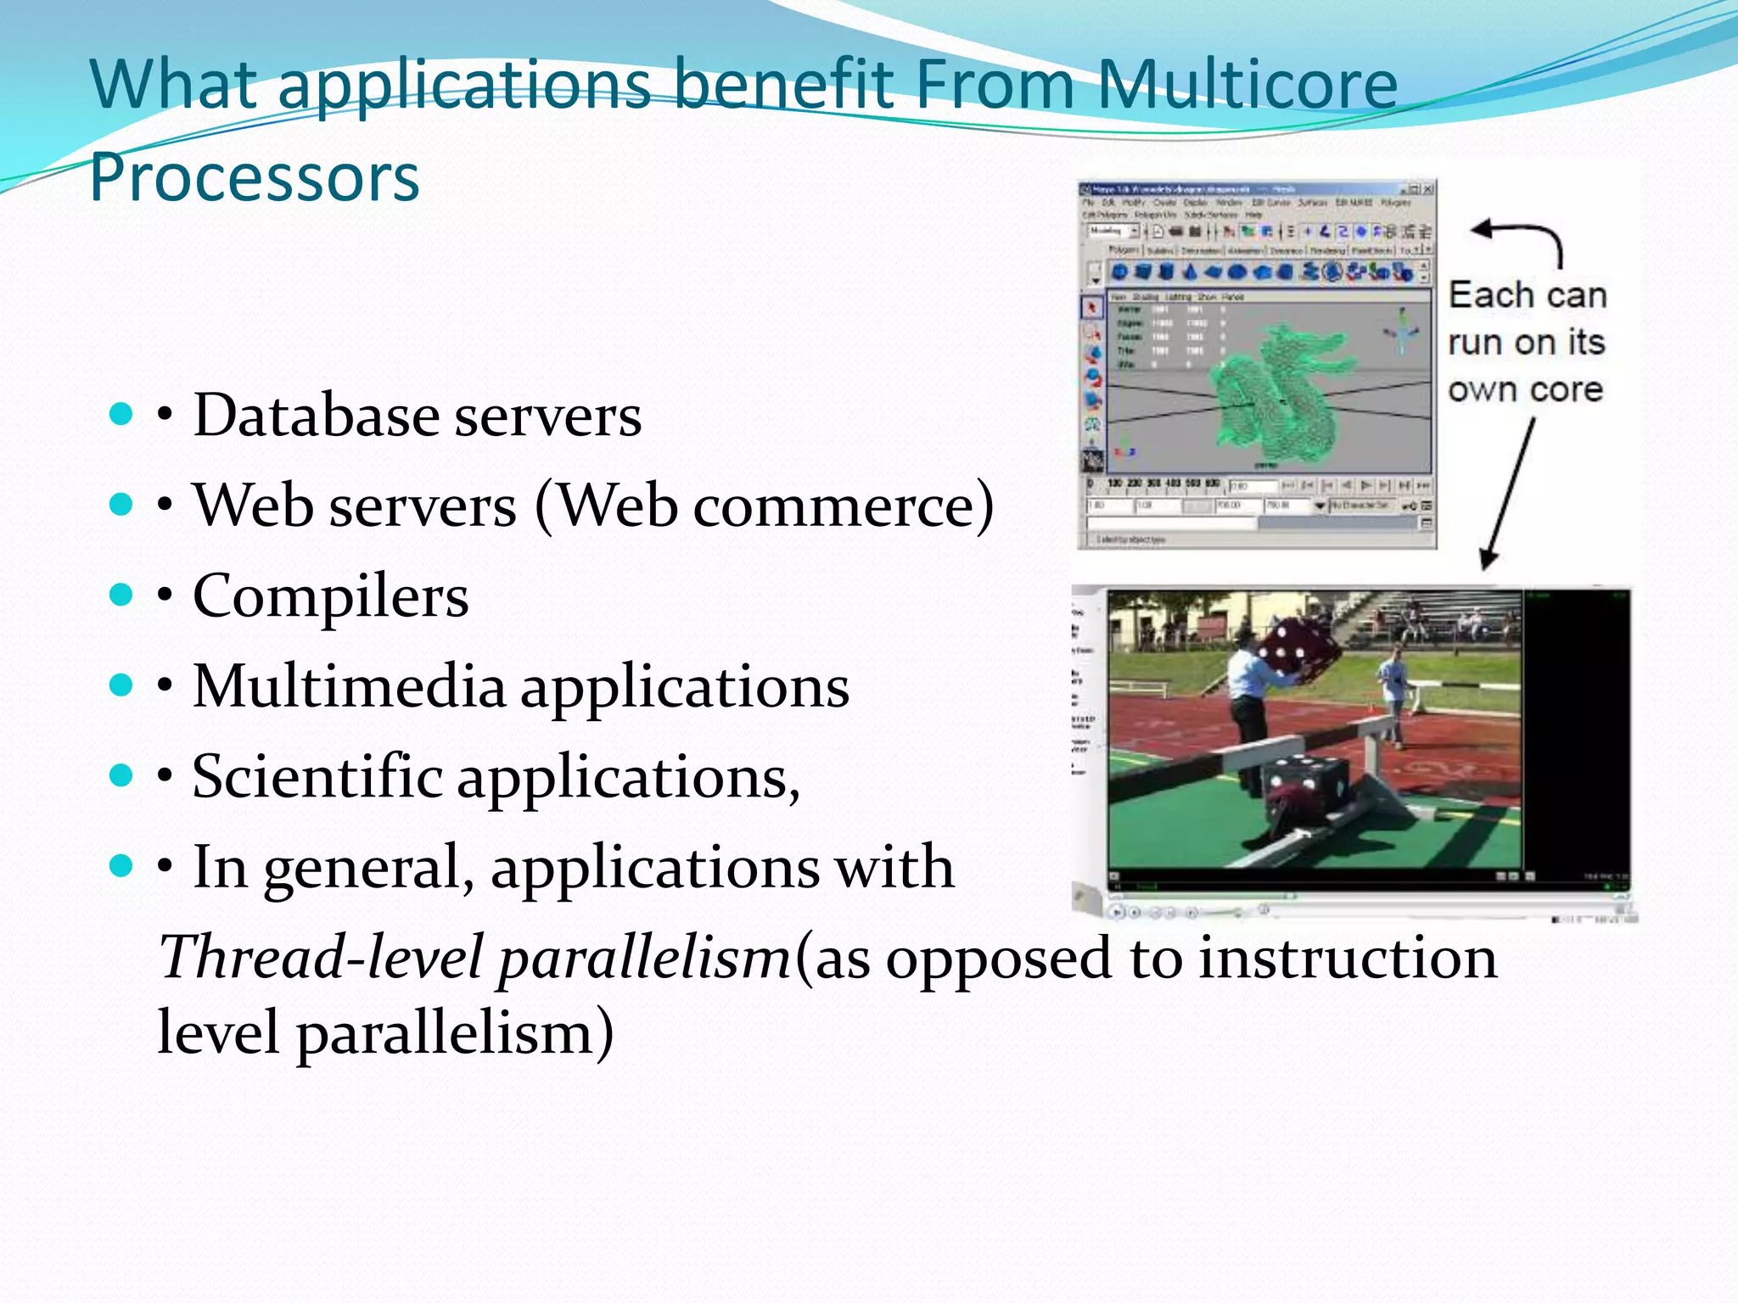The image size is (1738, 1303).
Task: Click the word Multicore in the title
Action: [1247, 85]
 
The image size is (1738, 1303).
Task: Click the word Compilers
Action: [330, 596]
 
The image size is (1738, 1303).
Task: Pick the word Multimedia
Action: [349, 686]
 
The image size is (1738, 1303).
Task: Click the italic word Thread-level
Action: [322, 957]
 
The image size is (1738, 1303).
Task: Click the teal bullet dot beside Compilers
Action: [121, 595]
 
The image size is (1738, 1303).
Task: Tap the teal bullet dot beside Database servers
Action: [121, 414]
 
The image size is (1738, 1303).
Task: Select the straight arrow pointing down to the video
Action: [1510, 493]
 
